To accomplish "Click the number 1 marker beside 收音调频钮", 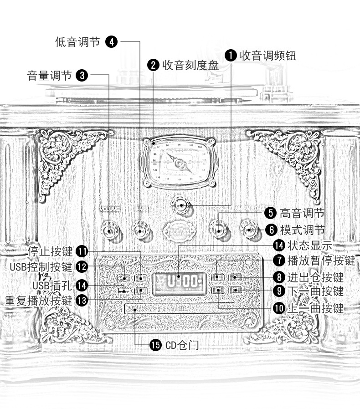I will click(x=231, y=56).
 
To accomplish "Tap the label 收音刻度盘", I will click(x=190, y=65).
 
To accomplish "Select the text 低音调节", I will click(x=77, y=42).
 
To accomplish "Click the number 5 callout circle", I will click(x=271, y=213).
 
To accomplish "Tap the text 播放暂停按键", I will click(x=321, y=261).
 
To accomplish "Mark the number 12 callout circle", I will click(x=82, y=266).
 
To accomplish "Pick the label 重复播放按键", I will click(x=38, y=300).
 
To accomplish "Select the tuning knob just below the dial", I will click(x=181, y=205).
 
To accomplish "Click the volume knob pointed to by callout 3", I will click(x=109, y=230).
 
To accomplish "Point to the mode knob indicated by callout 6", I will click(x=249, y=230).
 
